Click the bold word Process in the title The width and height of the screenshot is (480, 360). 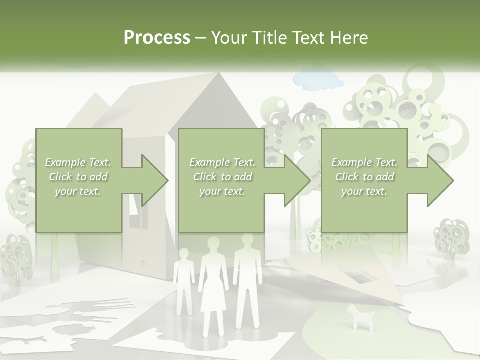(x=157, y=38)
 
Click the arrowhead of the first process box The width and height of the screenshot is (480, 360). (x=154, y=180)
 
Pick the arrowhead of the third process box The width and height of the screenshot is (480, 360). (x=440, y=180)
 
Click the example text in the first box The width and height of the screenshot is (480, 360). (x=78, y=177)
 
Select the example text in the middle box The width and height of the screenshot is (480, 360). (x=222, y=177)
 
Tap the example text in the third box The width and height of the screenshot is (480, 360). (x=364, y=177)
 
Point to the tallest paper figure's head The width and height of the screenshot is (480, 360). (x=247, y=242)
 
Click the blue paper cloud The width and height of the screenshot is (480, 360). (x=318, y=79)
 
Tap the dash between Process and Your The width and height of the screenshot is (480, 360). (x=201, y=38)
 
